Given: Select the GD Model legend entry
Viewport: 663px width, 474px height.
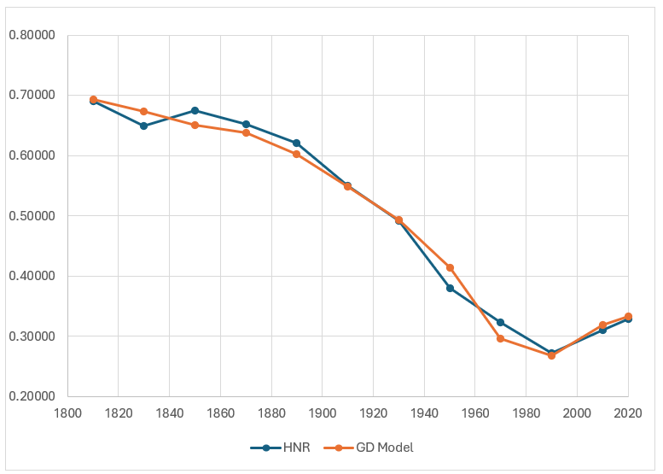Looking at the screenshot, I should [376, 447].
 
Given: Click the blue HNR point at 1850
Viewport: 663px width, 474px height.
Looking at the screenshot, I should [195, 110].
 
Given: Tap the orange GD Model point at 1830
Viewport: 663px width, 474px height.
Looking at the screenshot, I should [143, 111].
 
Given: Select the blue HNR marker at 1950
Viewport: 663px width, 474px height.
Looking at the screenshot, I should [450, 288].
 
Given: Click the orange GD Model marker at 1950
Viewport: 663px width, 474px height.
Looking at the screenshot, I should [450, 267].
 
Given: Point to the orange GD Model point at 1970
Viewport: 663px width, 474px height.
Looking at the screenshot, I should [501, 338].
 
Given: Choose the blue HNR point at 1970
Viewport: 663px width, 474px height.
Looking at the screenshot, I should [501, 323].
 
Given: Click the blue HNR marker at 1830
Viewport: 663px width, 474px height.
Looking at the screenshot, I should [143, 126].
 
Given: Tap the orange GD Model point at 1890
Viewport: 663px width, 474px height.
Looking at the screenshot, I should [296, 154].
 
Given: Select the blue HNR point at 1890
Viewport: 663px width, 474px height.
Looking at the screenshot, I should [296, 143].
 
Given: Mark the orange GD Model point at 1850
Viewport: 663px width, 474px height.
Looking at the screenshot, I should [195, 125].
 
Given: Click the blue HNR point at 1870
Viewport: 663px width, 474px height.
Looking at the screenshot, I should [246, 124].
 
